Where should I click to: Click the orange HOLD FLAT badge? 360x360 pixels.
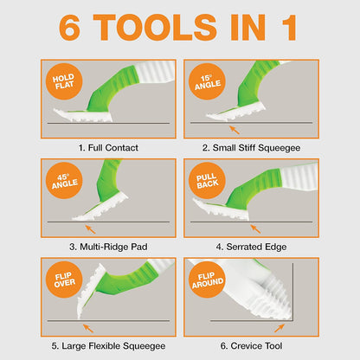tap(64, 81)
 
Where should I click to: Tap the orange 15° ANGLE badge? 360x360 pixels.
tap(207, 81)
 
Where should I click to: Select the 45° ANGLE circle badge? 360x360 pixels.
tap(64, 181)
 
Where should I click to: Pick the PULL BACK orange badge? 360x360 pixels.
tap(207, 181)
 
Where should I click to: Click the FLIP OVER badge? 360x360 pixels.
tap(64, 280)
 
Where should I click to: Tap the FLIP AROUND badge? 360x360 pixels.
tap(207, 280)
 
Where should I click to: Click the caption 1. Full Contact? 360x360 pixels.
tap(108, 148)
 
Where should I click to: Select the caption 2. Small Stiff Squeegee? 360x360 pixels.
tap(251, 148)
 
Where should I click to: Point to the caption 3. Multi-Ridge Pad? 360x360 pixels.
tap(108, 247)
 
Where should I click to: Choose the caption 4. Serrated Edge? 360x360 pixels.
tap(251, 247)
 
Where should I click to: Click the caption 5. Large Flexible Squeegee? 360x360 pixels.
tap(108, 346)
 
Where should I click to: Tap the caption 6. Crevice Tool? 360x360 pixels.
tap(251, 346)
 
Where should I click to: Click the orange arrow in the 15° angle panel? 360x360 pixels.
tap(235, 130)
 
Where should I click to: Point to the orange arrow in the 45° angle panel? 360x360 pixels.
tap(90, 229)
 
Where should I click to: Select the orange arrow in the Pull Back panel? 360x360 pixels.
tap(255, 229)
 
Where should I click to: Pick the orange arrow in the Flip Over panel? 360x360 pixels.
tap(88, 328)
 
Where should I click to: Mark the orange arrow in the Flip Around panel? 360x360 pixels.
tap(280, 328)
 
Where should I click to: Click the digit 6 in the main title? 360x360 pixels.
tap(69, 28)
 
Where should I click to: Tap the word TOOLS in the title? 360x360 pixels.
tap(155, 28)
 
